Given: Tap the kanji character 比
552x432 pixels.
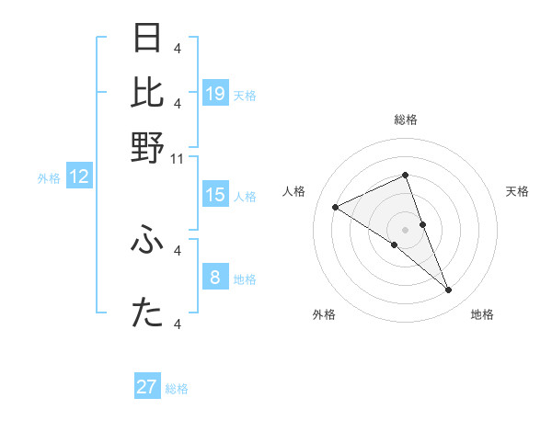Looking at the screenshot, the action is [x=148, y=93].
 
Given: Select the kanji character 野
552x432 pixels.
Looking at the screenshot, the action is [x=148, y=148].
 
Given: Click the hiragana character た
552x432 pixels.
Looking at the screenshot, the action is [x=148, y=313].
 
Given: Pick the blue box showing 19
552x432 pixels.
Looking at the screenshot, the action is [x=215, y=93].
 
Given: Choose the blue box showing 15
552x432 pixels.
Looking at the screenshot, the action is [x=215, y=195].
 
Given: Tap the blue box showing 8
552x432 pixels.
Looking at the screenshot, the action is [x=215, y=277].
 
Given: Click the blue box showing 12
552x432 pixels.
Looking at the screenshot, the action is [x=79, y=176].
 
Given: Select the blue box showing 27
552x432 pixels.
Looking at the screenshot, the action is [x=147, y=387].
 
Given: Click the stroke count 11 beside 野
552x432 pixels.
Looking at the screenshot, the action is [x=178, y=158].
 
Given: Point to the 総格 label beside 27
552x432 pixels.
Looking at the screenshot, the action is [x=177, y=389].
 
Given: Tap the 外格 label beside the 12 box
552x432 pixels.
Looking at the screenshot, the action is [x=49, y=178].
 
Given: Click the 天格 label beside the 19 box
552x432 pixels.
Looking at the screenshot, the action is [x=245, y=95].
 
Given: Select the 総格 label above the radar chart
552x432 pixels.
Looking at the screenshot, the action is [x=406, y=119].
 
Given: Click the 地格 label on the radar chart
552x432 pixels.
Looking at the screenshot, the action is [x=482, y=314].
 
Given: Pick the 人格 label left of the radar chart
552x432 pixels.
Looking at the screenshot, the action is [x=294, y=191].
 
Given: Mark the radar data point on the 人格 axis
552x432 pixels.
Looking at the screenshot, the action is [x=335, y=208].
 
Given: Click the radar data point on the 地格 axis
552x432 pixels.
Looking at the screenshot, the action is [x=449, y=290].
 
